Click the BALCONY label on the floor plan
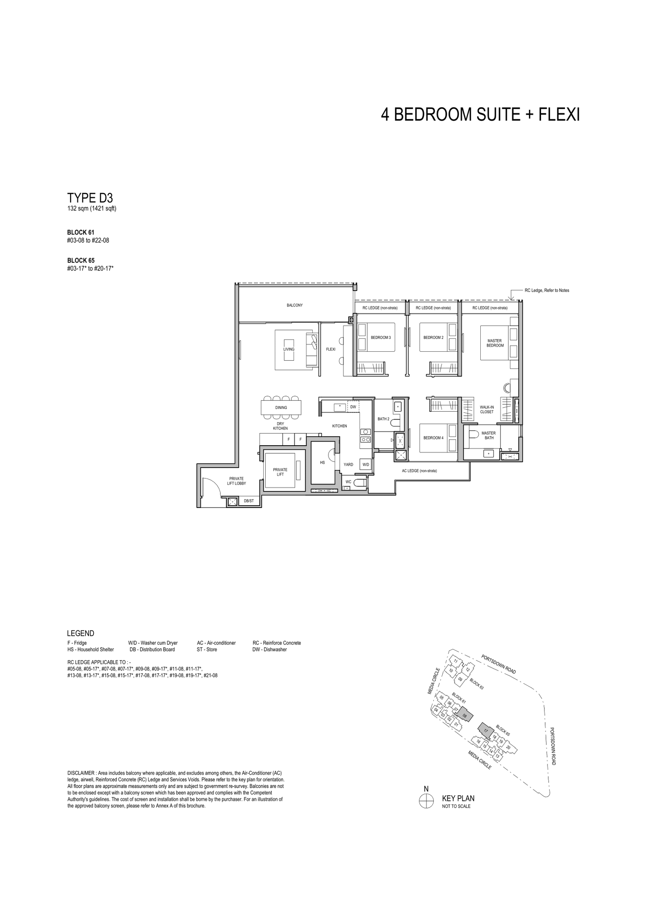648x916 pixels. click(x=294, y=305)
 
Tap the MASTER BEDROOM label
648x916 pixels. click(x=495, y=343)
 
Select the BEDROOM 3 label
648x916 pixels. click(x=381, y=338)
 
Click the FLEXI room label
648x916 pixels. click(x=330, y=349)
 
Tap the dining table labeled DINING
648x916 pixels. click(x=281, y=407)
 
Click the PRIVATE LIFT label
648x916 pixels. click(x=280, y=472)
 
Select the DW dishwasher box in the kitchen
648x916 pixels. click(x=353, y=406)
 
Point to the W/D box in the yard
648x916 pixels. click(x=366, y=465)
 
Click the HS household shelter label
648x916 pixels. click(x=322, y=462)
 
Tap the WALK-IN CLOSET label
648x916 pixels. click(x=487, y=410)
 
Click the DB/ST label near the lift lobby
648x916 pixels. click(x=249, y=501)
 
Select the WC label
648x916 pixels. click(x=348, y=482)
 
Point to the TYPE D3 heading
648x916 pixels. click(x=90, y=198)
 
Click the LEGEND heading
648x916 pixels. click(x=81, y=633)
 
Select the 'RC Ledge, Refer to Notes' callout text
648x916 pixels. click(x=547, y=290)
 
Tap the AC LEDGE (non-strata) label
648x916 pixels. click(x=420, y=471)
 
